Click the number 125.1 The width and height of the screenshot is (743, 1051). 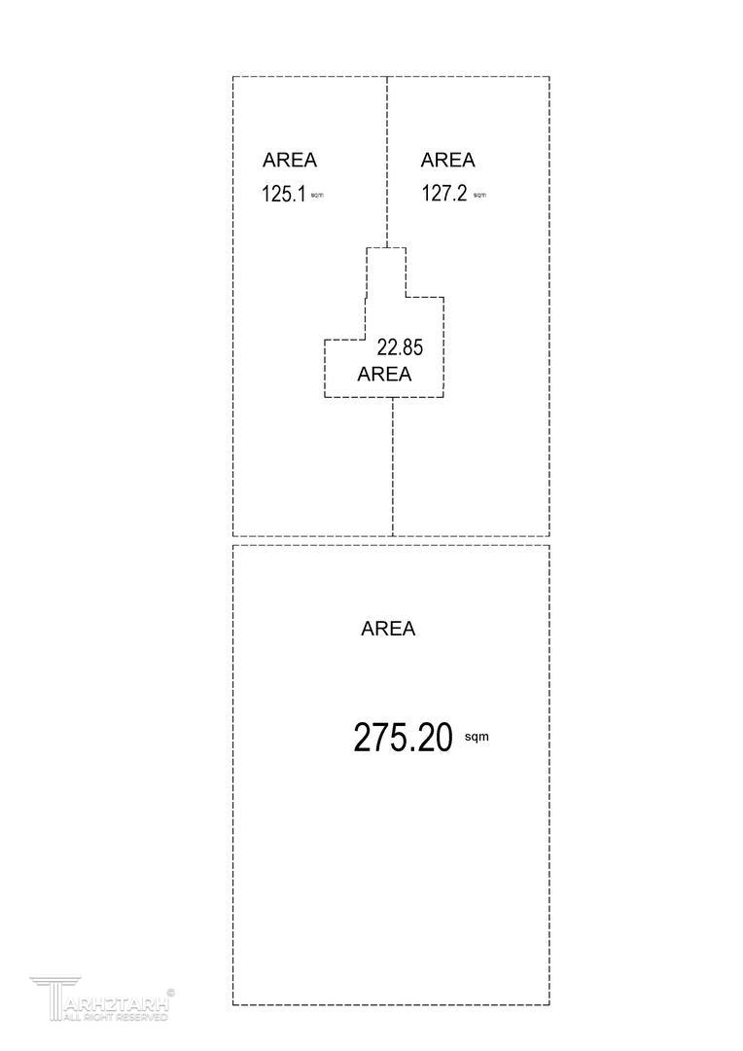[283, 194]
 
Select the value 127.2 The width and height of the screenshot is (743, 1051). [443, 194]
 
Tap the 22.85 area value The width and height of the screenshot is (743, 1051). [400, 346]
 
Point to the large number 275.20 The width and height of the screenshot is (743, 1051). [403, 738]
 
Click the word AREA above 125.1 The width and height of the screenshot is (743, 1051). [290, 161]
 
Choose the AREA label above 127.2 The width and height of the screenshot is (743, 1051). [448, 161]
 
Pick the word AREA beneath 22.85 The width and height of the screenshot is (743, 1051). [385, 374]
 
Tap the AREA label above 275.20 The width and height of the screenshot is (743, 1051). [388, 629]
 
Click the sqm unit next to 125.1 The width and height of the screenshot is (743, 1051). [317, 196]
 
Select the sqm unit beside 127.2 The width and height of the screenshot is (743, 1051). [479, 196]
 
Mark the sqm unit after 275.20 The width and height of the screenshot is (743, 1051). [477, 737]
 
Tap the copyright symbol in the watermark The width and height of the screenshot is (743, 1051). [171, 993]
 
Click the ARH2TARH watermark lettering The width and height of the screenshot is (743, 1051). [117, 1002]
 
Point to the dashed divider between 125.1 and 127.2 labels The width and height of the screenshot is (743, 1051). [387, 161]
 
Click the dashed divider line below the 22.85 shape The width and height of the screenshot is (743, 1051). [393, 467]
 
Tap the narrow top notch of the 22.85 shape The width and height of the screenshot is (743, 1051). [386, 271]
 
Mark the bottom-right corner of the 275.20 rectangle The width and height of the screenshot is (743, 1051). [549, 1004]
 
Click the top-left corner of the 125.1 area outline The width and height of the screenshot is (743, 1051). [233, 77]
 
